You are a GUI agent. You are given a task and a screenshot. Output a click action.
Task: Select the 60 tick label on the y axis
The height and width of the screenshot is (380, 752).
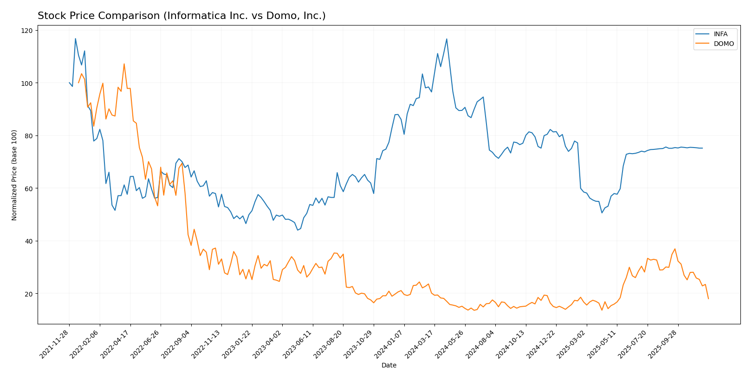point(29,188)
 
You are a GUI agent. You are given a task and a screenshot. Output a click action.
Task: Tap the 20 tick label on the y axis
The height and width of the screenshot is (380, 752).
point(29,294)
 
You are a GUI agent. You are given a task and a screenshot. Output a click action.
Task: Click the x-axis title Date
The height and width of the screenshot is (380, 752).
point(389,366)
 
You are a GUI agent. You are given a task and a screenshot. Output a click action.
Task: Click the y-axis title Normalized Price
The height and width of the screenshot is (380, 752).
point(14,175)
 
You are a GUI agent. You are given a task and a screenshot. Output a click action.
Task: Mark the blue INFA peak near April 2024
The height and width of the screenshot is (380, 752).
point(447,39)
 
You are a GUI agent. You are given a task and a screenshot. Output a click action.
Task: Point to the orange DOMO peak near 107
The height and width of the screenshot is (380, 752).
point(124,64)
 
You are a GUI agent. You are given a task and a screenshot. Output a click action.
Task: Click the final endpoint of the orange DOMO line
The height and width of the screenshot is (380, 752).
point(708,298)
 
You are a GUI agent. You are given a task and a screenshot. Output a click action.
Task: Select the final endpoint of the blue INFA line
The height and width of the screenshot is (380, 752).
point(702,148)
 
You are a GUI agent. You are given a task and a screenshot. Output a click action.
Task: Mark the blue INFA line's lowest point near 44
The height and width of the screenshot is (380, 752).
point(298,230)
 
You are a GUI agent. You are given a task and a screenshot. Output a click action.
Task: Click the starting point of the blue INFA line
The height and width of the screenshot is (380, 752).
point(69,83)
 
